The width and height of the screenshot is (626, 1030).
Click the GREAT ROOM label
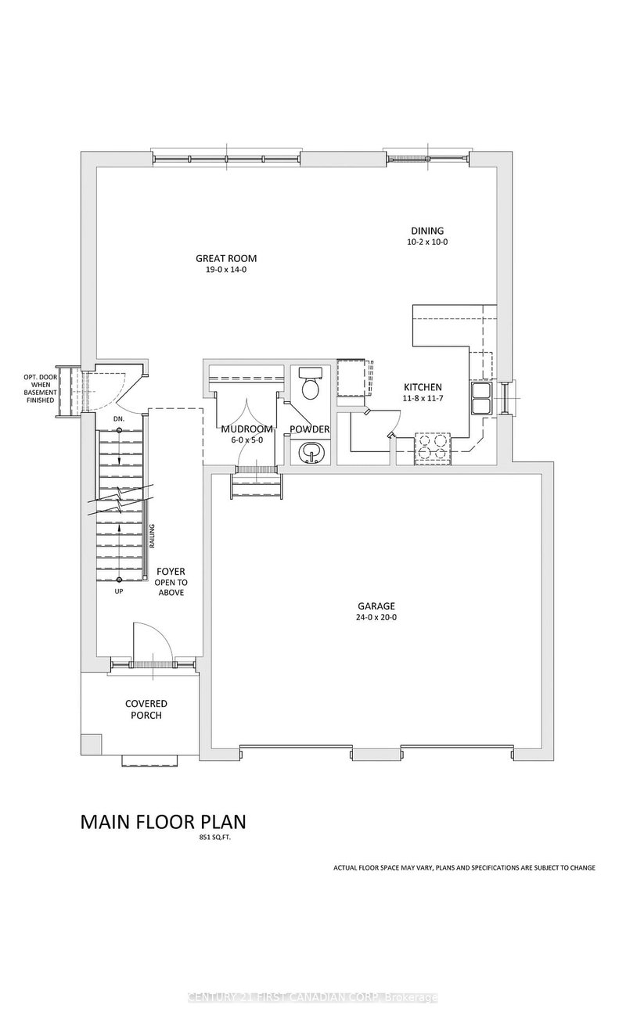tap(226, 258)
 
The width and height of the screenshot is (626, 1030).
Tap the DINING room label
tap(427, 231)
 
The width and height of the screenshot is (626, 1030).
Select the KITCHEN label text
tap(423, 387)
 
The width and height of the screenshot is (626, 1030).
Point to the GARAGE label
tap(377, 605)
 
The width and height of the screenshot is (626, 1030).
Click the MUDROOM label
tap(246, 429)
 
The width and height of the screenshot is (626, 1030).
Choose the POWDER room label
tap(309, 429)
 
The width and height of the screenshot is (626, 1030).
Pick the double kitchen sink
tap(481, 396)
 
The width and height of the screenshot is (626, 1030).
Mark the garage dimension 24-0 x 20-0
tap(377, 617)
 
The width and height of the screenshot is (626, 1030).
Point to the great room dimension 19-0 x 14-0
tap(226, 270)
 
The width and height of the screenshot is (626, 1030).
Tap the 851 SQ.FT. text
tap(216, 838)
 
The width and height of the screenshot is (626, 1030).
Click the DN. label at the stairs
tap(119, 420)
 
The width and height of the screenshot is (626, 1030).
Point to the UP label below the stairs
tap(119, 591)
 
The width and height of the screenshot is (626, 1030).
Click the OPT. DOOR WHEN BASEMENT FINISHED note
tap(38, 388)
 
